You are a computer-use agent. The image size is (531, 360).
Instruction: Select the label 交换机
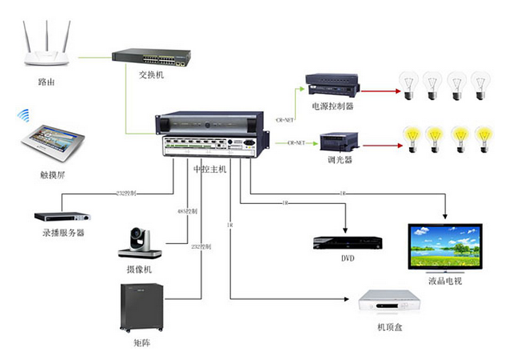(x=152, y=75)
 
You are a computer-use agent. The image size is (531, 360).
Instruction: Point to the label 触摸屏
(x=53, y=175)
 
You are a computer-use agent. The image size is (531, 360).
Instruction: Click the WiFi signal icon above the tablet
(x=24, y=116)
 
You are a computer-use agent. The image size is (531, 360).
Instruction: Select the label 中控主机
(x=211, y=168)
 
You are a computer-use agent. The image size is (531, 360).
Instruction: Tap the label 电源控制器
(x=332, y=106)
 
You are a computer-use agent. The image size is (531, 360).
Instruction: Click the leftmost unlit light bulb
(x=410, y=86)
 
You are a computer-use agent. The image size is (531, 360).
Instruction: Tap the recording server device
(x=64, y=216)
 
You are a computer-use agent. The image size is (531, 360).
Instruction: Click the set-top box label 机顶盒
(x=389, y=327)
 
